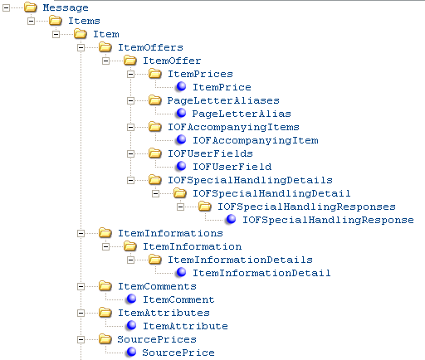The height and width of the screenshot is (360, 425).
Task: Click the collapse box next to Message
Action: tap(6, 7)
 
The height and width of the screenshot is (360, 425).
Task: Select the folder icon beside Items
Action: tap(56, 21)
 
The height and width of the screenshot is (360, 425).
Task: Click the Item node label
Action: tap(106, 34)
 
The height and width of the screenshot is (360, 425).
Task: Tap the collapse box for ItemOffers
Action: tap(81, 47)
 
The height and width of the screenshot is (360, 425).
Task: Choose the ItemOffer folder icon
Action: tap(130, 61)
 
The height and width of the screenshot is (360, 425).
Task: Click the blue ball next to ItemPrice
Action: tap(181, 87)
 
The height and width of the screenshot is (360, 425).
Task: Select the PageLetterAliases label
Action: tap(223, 100)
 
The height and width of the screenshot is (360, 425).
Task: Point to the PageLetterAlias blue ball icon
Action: tap(181, 113)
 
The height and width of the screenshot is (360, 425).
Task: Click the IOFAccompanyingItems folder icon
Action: tap(155, 127)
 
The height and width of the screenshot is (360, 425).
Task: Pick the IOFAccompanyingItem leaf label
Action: tap(256, 140)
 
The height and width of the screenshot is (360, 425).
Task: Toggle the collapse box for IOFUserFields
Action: tap(130, 153)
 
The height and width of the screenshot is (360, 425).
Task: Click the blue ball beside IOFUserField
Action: tap(181, 166)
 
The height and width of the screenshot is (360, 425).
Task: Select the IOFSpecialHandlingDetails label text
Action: tap(250, 180)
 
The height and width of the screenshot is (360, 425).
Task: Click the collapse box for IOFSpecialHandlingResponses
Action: tap(180, 207)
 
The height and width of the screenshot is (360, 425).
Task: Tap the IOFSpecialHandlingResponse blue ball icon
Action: tap(231, 219)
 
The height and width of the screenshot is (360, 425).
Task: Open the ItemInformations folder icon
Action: tap(105, 233)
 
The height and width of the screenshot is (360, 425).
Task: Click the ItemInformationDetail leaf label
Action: tap(261, 273)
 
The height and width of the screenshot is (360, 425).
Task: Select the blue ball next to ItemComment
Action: tap(131, 299)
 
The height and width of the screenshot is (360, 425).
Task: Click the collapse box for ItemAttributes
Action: tap(81, 313)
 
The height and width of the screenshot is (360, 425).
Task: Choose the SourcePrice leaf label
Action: tap(178, 353)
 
